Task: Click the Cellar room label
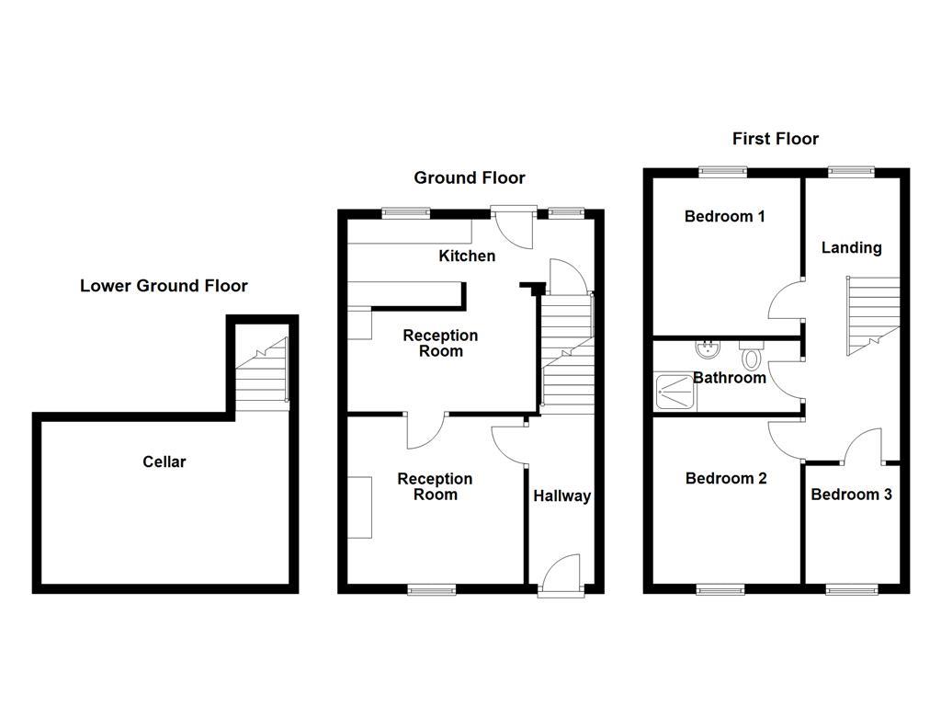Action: pos(164,461)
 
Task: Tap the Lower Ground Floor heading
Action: pos(164,286)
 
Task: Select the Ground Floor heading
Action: pos(469,177)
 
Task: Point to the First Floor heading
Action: pos(775,139)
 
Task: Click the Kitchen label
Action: pos(466,256)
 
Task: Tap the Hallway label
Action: pos(561,496)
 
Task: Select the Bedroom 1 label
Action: pos(724,217)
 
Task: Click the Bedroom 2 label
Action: pos(725,478)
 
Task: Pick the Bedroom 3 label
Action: pos(851,495)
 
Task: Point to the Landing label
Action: pos(851,247)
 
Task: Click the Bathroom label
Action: pos(729,378)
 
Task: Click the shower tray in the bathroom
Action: pos(675,393)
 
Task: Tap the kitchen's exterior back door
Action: pos(511,225)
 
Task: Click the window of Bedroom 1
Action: pos(721,170)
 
